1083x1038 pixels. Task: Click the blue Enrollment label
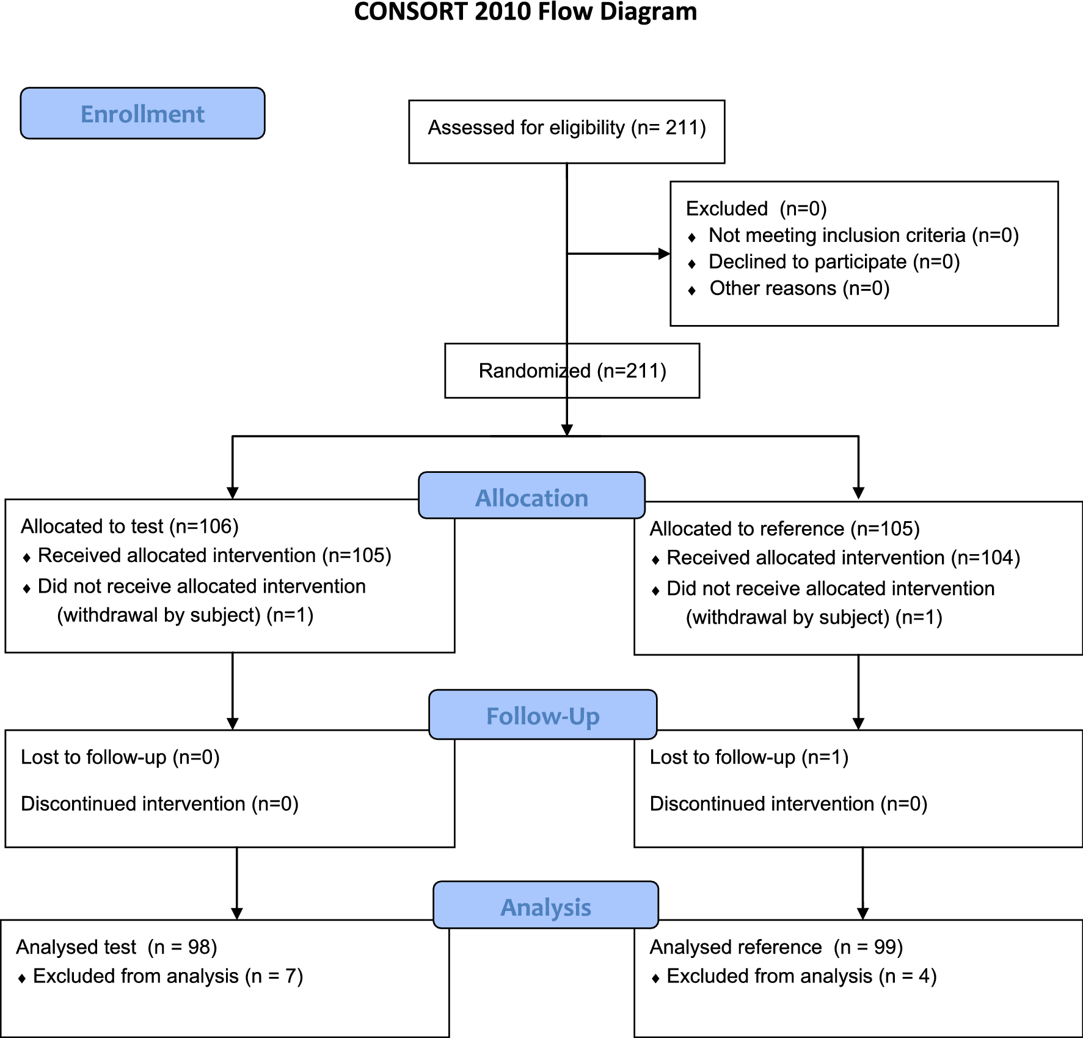142,114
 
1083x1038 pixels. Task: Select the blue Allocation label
531,497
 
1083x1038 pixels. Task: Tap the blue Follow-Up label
542,715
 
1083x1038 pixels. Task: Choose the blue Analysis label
545,907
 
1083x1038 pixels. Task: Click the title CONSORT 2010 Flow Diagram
525,12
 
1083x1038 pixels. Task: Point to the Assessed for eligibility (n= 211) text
566,128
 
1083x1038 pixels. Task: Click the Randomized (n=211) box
572,371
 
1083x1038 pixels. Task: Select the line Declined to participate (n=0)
834,261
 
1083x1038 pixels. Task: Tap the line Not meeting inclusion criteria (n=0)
863,235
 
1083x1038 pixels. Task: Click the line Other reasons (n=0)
799,288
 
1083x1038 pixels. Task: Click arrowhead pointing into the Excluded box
664,254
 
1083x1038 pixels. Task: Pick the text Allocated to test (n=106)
129,526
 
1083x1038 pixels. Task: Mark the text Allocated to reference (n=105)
784,528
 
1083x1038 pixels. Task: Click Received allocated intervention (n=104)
843,558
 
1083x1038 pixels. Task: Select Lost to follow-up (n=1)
749,757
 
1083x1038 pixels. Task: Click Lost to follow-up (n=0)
120,757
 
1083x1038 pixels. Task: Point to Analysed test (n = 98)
117,947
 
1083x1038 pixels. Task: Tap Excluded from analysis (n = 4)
801,976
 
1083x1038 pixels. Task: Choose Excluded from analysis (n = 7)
168,976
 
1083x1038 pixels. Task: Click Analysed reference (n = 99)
776,947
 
